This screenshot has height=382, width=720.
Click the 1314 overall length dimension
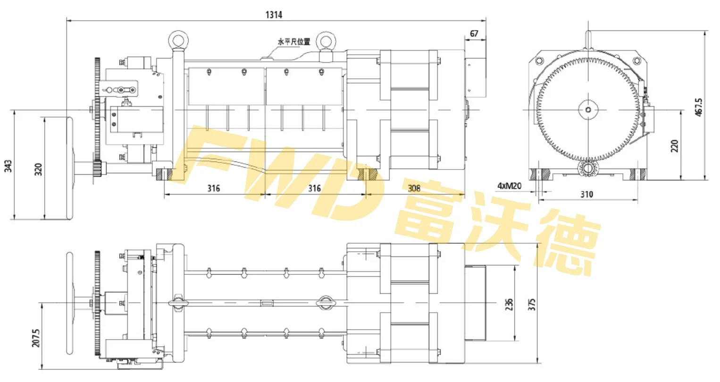[x=274, y=15]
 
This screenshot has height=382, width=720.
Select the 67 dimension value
[x=474, y=34]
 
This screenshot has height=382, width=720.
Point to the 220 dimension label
[x=674, y=145]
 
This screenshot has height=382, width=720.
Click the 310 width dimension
[x=586, y=194]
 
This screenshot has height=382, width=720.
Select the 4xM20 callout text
[x=509, y=186]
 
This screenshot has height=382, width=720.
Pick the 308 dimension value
[x=414, y=188]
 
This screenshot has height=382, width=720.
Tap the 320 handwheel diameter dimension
[x=38, y=169]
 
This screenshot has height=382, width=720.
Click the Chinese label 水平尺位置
[x=294, y=42]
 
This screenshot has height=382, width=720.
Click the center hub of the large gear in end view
[x=588, y=110]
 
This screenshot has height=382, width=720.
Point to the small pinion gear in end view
[x=588, y=168]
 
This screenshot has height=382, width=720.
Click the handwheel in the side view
[x=69, y=169]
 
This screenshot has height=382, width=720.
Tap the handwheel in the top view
[x=70, y=302]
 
